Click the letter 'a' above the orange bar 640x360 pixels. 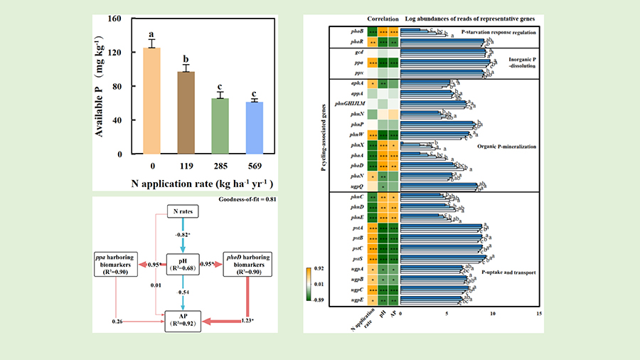tap(151, 34)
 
